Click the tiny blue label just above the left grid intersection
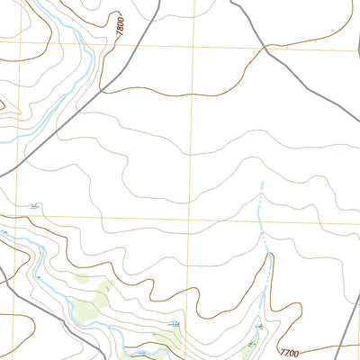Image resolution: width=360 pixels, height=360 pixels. (x=34, y=208)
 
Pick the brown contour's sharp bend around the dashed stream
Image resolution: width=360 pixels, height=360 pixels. (x=267, y=256)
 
